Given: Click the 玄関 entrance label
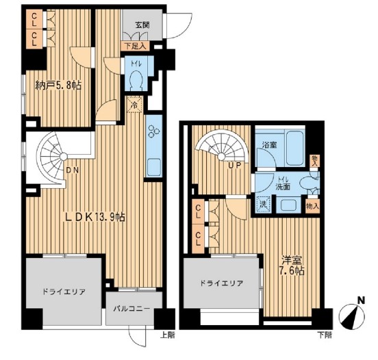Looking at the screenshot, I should [142, 25].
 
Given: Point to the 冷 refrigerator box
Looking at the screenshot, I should [136, 106].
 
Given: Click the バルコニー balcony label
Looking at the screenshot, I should [133, 309].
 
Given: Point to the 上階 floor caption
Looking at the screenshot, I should [167, 335].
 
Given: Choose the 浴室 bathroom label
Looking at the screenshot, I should [269, 145].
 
